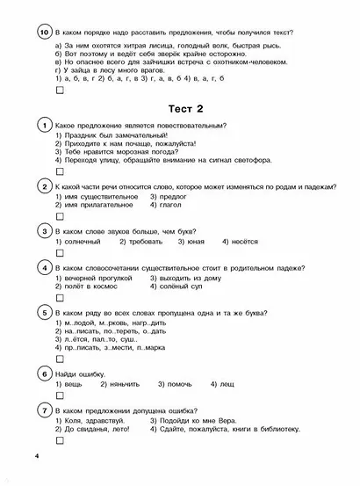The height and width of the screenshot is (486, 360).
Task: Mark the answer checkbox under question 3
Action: click(59, 252)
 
